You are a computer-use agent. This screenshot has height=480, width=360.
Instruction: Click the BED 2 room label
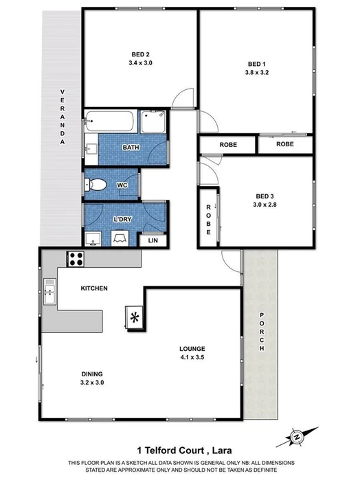(141, 54)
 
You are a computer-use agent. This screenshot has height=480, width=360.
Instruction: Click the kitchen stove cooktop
(75, 259)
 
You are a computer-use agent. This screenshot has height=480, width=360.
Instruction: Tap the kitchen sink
(49, 291)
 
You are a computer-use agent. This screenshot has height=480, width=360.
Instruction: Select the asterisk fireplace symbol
(135, 317)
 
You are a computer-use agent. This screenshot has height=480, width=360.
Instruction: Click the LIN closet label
(153, 240)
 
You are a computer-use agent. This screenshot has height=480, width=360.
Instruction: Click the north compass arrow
(297, 436)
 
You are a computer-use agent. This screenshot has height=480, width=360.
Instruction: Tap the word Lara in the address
(232, 450)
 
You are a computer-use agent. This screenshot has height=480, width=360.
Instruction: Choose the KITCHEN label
(94, 288)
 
